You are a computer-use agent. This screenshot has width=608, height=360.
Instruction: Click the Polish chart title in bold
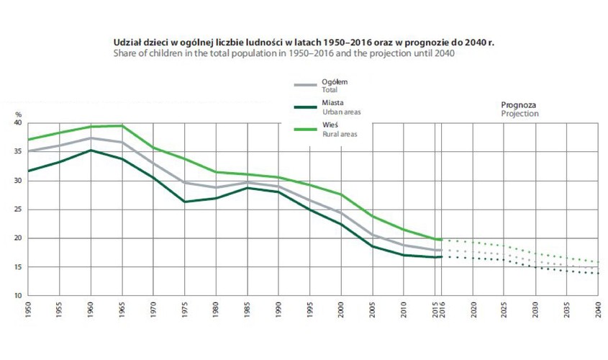[x=304, y=42]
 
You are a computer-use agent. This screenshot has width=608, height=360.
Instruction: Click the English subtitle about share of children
[x=284, y=53]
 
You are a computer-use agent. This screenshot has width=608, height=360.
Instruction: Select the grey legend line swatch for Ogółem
[x=306, y=85]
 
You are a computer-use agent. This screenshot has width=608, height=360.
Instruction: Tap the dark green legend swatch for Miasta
[x=306, y=107]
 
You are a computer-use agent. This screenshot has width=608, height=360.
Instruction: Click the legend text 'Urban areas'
[x=342, y=112]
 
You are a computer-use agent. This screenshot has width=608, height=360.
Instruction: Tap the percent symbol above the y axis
[x=19, y=114]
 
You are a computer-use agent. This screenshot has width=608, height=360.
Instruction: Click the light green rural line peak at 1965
[x=122, y=126]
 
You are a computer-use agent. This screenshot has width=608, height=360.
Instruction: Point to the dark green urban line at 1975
[x=185, y=202]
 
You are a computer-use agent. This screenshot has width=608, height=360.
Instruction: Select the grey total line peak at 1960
[x=91, y=138]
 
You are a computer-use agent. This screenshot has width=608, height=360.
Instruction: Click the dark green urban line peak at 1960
[x=91, y=150]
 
